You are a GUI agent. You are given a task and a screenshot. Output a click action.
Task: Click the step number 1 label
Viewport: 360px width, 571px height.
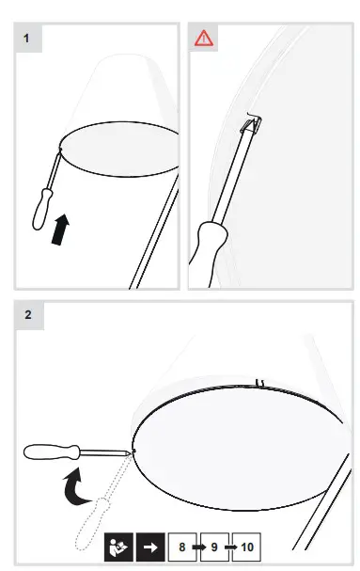pyautogui.click(x=27, y=38)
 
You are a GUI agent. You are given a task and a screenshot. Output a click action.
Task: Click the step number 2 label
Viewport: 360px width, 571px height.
pyautogui.click(x=27, y=315)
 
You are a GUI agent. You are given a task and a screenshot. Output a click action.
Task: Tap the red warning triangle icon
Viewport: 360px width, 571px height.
pyautogui.click(x=204, y=39)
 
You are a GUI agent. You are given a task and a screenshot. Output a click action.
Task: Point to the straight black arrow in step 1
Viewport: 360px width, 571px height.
pyautogui.click(x=60, y=228)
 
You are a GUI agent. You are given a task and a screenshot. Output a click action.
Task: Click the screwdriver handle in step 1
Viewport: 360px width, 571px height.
pyautogui.click(x=40, y=209)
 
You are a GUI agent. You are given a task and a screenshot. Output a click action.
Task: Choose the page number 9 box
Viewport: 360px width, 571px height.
pyautogui.click(x=214, y=547)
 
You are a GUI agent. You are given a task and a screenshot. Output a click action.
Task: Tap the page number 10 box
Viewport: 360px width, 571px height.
pyautogui.click(x=247, y=547)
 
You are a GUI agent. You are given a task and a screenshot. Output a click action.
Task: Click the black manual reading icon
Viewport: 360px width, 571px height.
pyautogui.click(x=117, y=547)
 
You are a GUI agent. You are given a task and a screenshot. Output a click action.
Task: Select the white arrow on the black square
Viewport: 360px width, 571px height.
pyautogui.click(x=149, y=547)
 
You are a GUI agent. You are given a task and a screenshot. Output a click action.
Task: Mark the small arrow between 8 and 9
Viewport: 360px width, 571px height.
pyautogui.click(x=198, y=547)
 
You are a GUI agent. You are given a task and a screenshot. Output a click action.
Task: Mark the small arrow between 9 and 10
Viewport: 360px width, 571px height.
pyautogui.click(x=230, y=547)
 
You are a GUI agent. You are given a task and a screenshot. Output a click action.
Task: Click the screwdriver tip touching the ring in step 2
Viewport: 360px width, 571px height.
pyautogui.click(x=130, y=453)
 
